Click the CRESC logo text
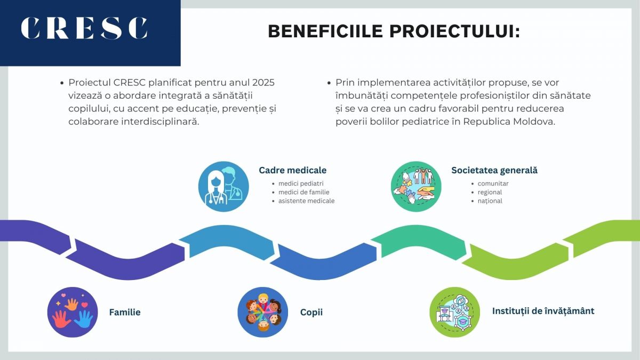click(84, 29)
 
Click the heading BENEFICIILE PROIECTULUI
click(394, 31)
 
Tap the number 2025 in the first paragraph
click(263, 83)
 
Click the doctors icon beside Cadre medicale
click(223, 187)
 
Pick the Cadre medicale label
click(292, 170)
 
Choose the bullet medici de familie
click(303, 192)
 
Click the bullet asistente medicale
click(306, 201)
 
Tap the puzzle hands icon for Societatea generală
click(416, 187)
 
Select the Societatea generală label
click(494, 170)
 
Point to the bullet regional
click(490, 192)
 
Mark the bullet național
click(490, 201)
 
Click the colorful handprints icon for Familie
click(73, 312)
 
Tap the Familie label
click(125, 312)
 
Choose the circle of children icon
click(263, 312)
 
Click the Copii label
click(311, 312)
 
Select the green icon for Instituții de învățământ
click(455, 312)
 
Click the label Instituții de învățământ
click(543, 311)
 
